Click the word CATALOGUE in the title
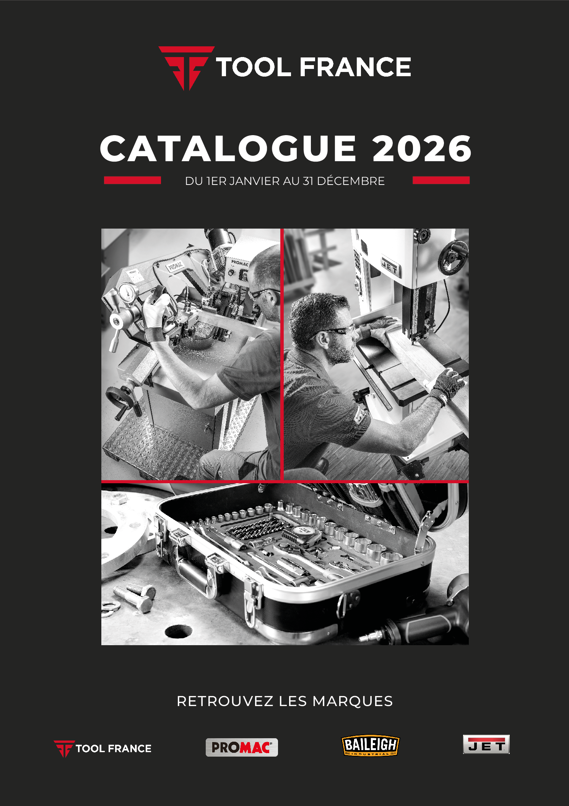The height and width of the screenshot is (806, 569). tap(228, 149)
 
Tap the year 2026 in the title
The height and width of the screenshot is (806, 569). tap(422, 149)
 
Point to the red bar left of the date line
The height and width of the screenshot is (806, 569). tap(132, 180)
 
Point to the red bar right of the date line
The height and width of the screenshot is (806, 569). tap(441, 180)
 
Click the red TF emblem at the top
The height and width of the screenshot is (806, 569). tap(187, 68)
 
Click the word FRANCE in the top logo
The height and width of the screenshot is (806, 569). tap(355, 67)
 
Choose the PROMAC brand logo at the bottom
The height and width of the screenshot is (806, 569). tap(242, 747)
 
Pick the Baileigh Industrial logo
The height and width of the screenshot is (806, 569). tap(370, 745)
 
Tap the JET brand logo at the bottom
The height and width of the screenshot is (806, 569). tap(486, 744)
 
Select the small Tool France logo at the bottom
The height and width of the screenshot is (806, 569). tap(102, 749)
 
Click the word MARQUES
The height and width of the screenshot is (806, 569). tap(353, 701)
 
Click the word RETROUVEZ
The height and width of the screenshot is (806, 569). tap(225, 701)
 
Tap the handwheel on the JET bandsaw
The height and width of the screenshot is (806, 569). tap(453, 257)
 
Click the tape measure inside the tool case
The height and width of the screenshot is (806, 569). tap(305, 533)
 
